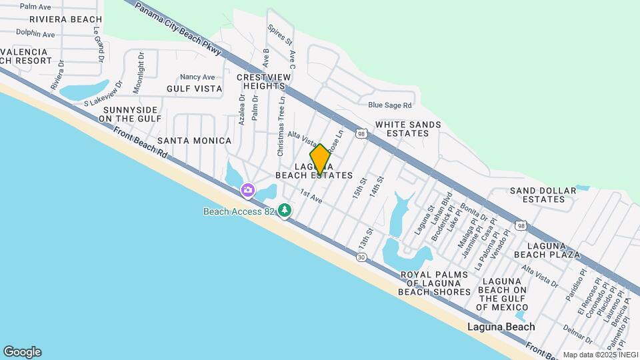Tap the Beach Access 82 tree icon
tap(285, 211)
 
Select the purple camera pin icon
tap(247, 191)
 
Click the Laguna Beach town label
tap(501, 327)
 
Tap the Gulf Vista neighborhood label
tap(195, 88)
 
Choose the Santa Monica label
tap(194, 141)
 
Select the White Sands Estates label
tap(408, 129)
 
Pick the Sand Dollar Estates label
tap(543, 195)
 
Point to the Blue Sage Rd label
tap(390, 105)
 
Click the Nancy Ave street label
tap(197, 77)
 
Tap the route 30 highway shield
tap(361, 257)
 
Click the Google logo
tap(22, 351)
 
